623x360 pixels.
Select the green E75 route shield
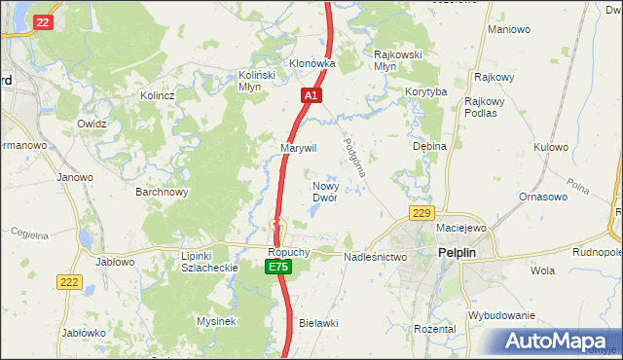[278, 267]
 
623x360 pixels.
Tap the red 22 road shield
[42, 21]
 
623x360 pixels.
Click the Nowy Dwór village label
[324, 191]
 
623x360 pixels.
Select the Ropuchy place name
[289, 251]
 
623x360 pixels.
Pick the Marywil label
[299, 148]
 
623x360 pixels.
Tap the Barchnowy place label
[162, 192]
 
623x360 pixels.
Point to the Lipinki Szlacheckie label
[196, 262]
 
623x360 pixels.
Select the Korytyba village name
[425, 91]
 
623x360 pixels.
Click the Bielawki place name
[318, 322]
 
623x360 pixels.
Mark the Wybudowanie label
[501, 315]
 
